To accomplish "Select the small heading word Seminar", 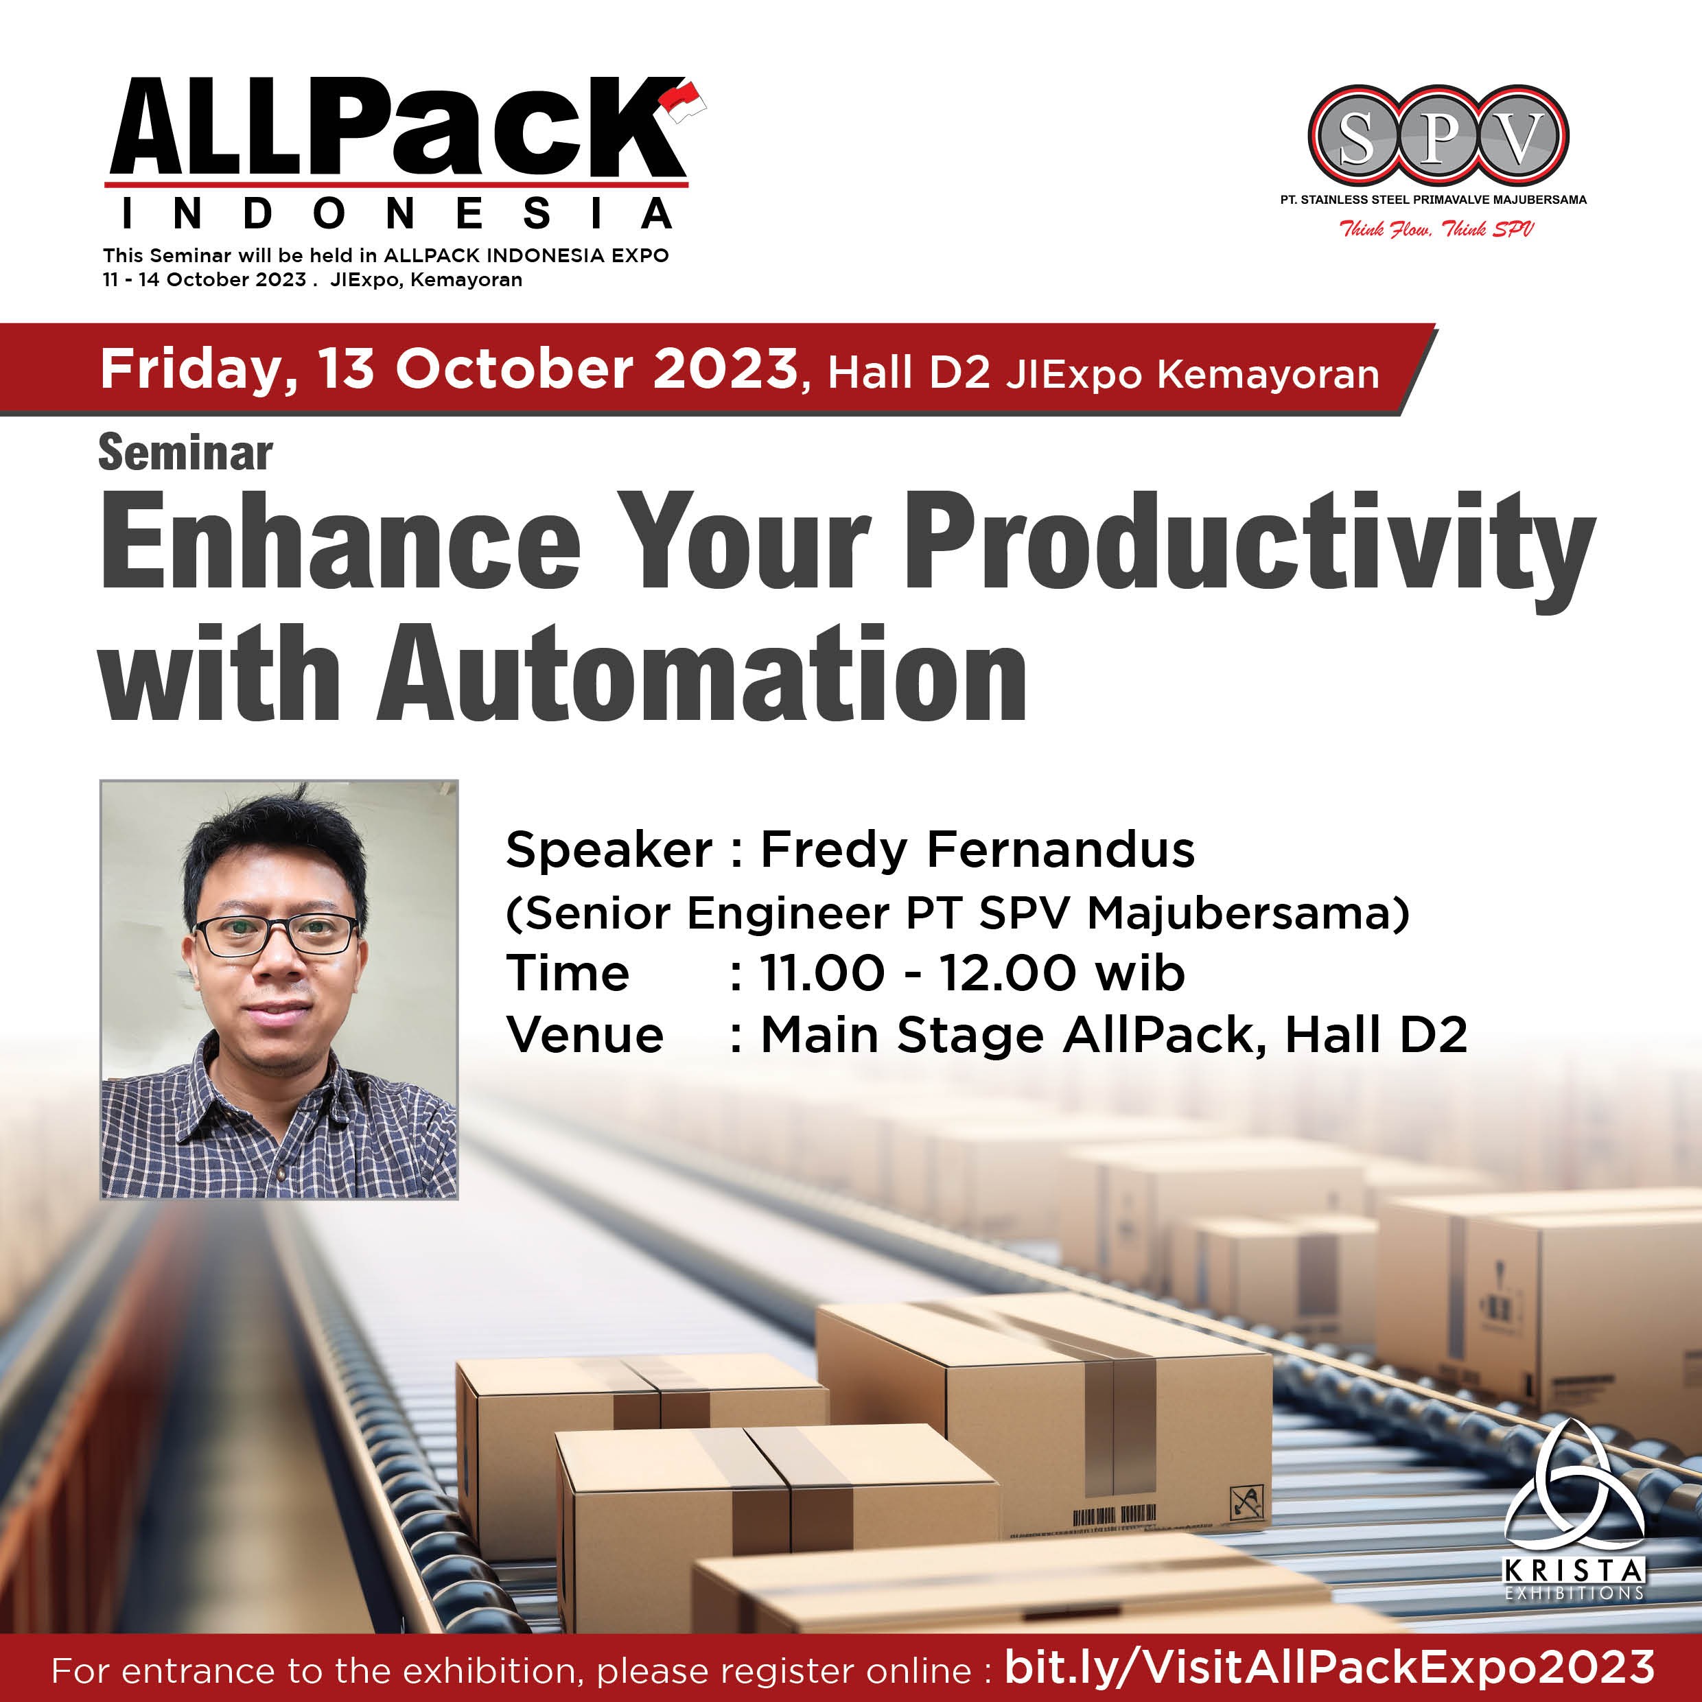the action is click(x=185, y=454).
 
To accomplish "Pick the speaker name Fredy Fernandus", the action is click(x=977, y=850).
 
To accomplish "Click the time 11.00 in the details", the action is click(x=821, y=973).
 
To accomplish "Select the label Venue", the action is click(x=585, y=1034).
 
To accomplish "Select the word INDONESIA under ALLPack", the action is click(x=397, y=214).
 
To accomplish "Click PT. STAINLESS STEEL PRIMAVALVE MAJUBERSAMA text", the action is click(x=1433, y=200).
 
